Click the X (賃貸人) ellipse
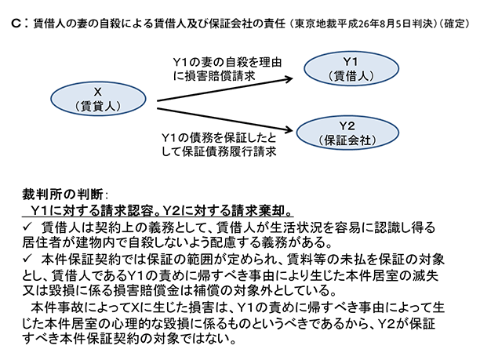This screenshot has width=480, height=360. pos(99,96)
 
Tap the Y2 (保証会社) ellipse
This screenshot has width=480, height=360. pos(350,133)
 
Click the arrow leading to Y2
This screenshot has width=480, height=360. pos(227,113)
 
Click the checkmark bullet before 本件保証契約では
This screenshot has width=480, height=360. pos(29,259)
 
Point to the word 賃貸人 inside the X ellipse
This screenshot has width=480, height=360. pos(99,106)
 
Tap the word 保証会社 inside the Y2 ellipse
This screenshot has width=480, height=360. pos(350,140)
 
